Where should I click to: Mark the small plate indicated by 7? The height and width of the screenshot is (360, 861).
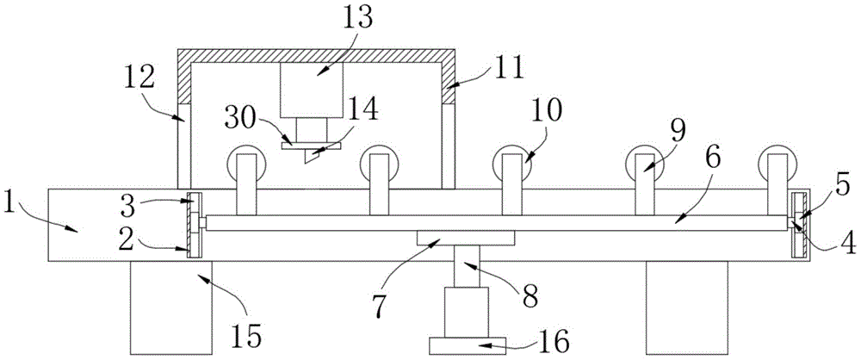coord(465,237)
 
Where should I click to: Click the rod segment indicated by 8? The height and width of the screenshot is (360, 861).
coord(465,267)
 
